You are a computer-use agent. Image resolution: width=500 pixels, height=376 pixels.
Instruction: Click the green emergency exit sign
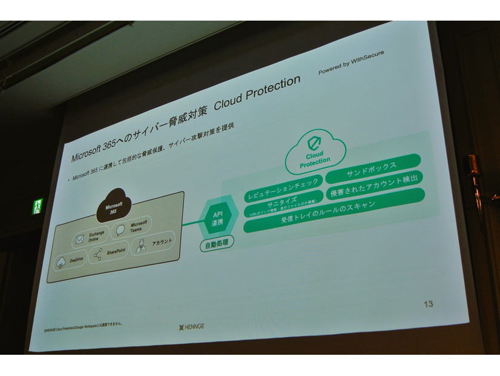(38, 206)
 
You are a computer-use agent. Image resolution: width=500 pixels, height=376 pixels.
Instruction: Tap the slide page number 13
(428, 304)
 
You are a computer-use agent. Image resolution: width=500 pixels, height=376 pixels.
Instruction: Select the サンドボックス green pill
(372, 167)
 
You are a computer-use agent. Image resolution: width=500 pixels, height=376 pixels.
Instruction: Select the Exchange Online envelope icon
(79, 240)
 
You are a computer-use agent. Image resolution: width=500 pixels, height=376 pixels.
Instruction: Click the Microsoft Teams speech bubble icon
(120, 230)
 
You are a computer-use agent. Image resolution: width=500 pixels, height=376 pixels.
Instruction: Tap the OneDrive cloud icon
(62, 263)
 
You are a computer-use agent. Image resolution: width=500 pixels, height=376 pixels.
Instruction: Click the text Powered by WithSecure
(351, 62)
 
